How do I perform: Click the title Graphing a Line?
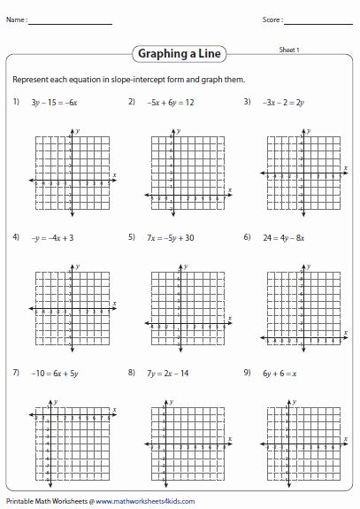click(x=180, y=55)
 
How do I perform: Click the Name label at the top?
click(x=20, y=19)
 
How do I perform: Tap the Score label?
click(x=272, y=19)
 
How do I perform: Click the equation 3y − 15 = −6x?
click(x=56, y=102)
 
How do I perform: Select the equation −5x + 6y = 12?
click(x=172, y=102)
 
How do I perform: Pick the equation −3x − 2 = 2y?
click(x=284, y=102)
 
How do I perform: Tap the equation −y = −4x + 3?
click(x=54, y=237)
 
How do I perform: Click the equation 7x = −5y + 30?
click(x=172, y=237)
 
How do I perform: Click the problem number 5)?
click(x=131, y=237)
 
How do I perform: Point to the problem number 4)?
click(x=16, y=237)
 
